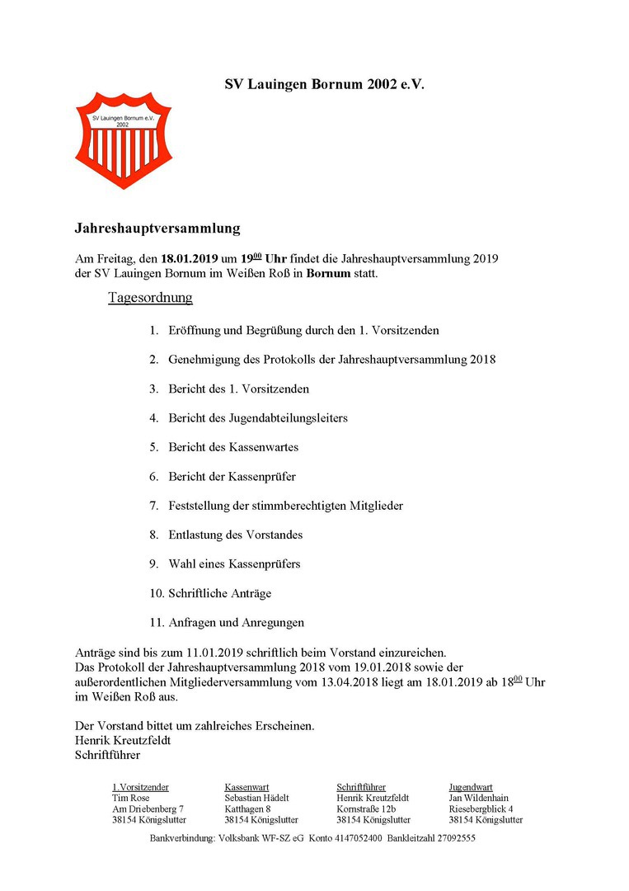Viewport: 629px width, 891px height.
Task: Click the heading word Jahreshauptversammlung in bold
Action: tap(157, 227)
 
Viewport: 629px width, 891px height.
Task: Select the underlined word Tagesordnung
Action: tap(150, 297)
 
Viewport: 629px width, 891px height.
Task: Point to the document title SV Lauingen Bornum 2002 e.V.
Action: tap(325, 84)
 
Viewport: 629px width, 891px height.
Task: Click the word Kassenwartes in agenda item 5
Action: tap(263, 447)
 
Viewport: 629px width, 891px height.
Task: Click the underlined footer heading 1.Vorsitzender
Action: tap(141, 787)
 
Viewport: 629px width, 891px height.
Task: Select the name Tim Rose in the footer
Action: tap(131, 798)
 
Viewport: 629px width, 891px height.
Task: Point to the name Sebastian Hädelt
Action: tap(257, 798)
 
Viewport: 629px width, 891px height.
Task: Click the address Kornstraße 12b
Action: tap(367, 809)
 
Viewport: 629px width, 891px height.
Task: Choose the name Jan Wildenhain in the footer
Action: tap(479, 798)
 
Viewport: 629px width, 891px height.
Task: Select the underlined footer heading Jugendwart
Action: tap(471, 787)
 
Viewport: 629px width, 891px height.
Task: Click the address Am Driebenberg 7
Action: tap(148, 809)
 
